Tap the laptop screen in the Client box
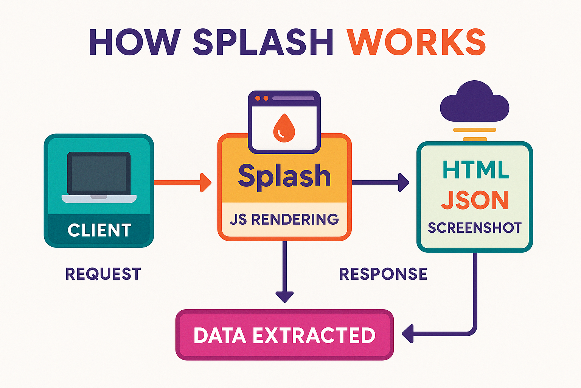coord(99,173)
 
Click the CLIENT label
coord(99,230)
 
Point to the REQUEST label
coord(103,274)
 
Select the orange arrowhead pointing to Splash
coord(205,182)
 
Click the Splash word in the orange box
coord(284,176)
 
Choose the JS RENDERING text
coord(284,219)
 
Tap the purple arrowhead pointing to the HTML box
coord(404,182)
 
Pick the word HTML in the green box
coord(475,170)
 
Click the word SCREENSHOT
coord(475,228)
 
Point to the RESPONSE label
coord(383,274)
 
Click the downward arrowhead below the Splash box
coord(284,296)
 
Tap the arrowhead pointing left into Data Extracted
coord(407,334)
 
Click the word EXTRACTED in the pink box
coord(314,335)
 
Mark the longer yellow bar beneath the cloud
coord(474,130)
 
